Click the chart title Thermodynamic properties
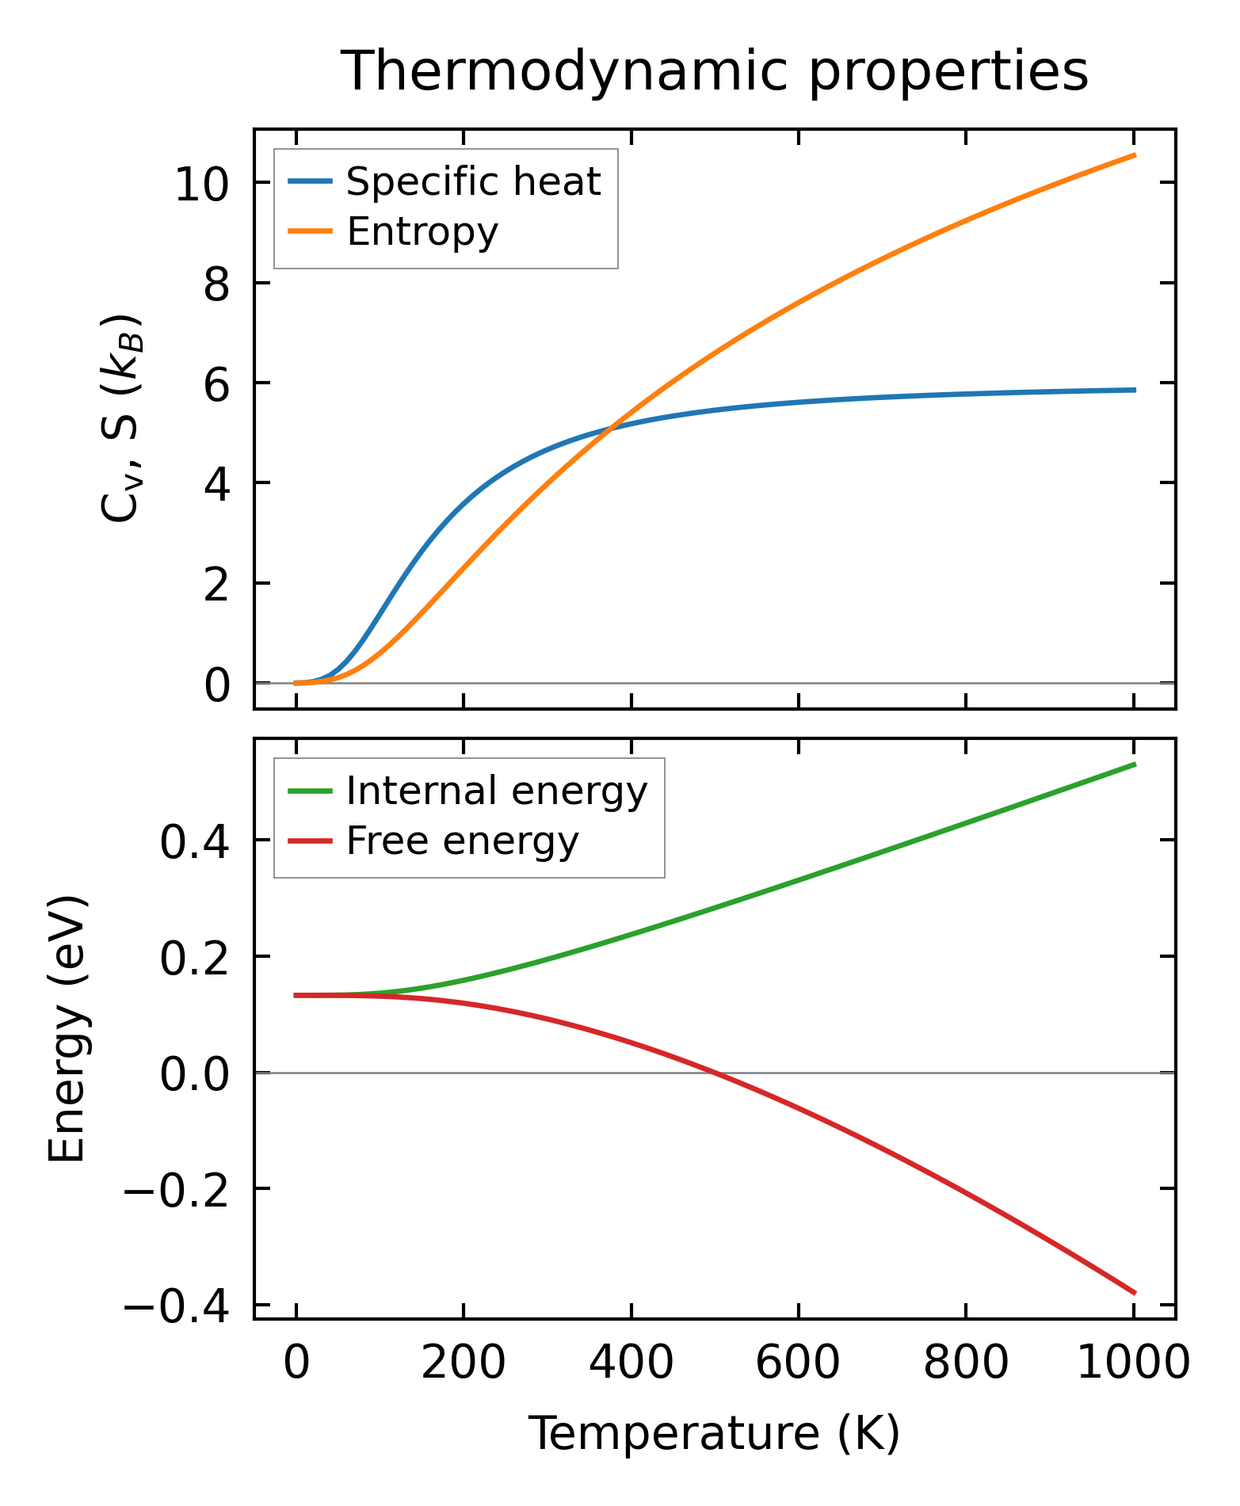point(714,72)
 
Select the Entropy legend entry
point(422,232)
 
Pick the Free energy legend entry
point(463,841)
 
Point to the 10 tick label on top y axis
point(202,185)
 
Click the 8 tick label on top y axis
point(216,284)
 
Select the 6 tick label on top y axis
point(216,384)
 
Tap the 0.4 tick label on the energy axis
point(195,842)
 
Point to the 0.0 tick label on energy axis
point(195,1075)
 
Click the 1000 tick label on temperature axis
point(1133,1364)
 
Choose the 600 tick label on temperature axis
point(798,1364)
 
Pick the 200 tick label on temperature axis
point(464,1364)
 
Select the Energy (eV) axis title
point(67,1029)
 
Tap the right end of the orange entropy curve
point(1135,155)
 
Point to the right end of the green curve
point(1135,764)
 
